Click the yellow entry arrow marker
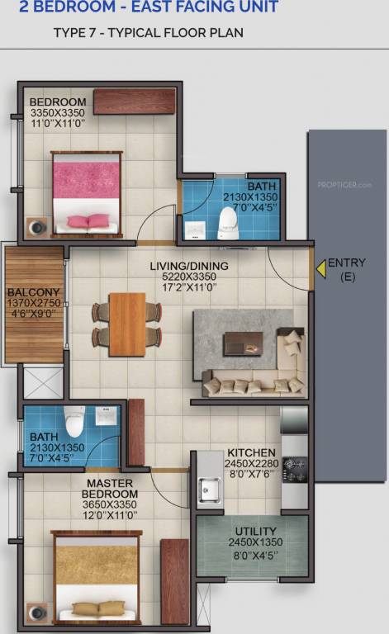(x=320, y=269)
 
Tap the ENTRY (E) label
(x=347, y=270)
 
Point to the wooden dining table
(x=127, y=324)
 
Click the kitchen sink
(x=209, y=491)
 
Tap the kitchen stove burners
(x=294, y=469)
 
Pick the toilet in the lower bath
(x=74, y=422)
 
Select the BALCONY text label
(x=33, y=292)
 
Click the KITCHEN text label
(x=251, y=453)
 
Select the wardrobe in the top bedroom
(x=134, y=101)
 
